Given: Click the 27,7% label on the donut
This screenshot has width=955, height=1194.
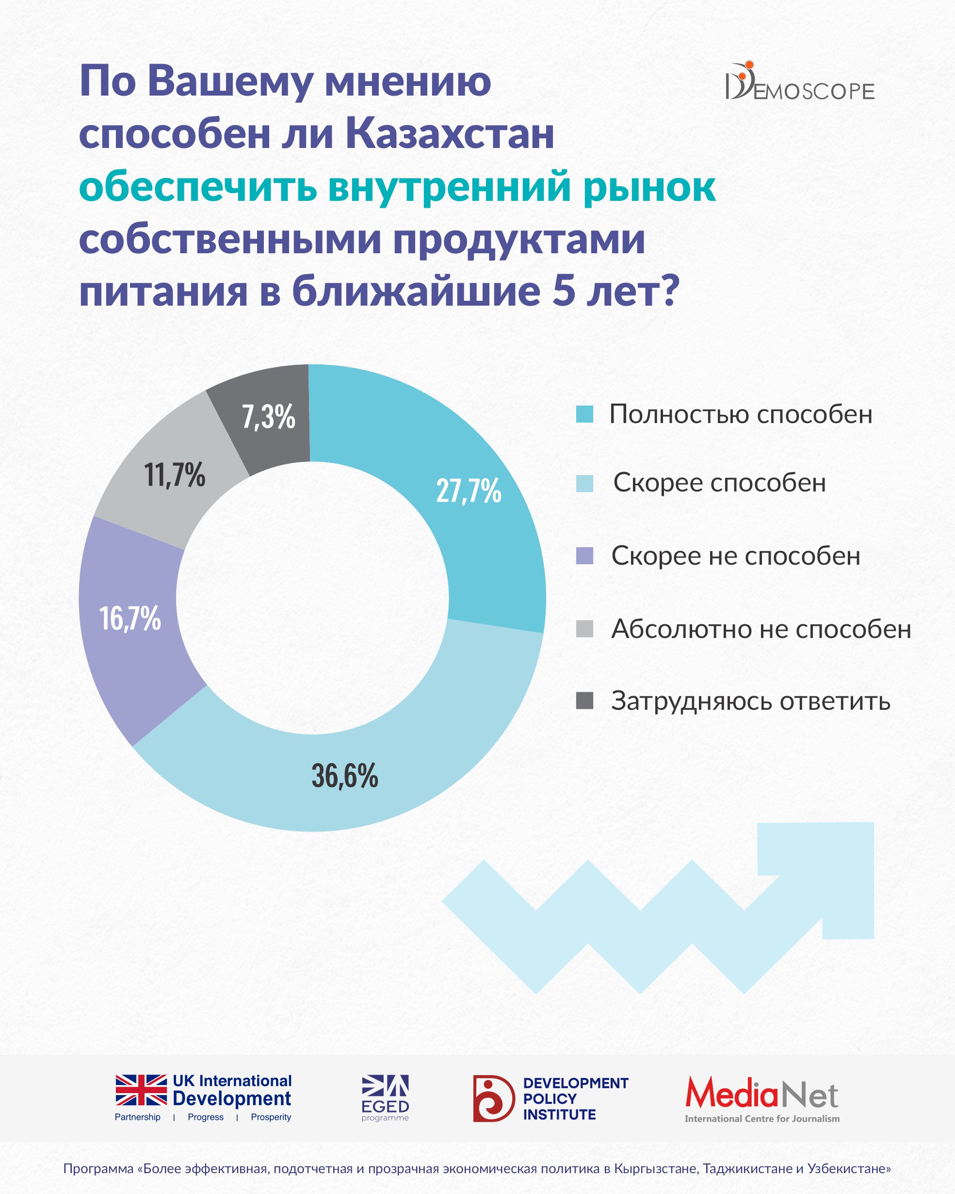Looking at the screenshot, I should pyautogui.click(x=469, y=491).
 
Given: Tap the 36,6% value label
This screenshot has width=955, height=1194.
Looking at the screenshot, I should pyautogui.click(x=344, y=775).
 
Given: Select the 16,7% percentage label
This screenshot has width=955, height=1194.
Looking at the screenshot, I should pyautogui.click(x=130, y=618).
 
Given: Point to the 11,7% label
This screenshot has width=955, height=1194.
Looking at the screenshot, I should pyautogui.click(x=175, y=474).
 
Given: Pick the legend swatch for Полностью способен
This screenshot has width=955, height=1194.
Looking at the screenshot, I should pyautogui.click(x=584, y=414).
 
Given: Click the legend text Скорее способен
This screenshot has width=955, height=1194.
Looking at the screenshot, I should pyautogui.click(x=719, y=483).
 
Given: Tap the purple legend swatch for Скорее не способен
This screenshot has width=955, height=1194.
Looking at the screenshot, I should pyautogui.click(x=584, y=556).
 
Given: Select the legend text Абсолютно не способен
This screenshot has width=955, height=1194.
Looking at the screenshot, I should pyautogui.click(x=761, y=629).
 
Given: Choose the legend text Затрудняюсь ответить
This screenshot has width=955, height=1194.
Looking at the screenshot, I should pyautogui.click(x=750, y=701).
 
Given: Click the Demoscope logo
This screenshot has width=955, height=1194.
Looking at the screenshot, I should pyautogui.click(x=799, y=83).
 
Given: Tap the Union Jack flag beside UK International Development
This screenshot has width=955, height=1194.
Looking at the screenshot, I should pyautogui.click(x=141, y=1090).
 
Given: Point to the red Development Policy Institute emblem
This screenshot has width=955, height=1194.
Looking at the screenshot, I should pyautogui.click(x=493, y=1098).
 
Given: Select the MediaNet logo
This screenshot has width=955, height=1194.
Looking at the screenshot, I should pyautogui.click(x=762, y=1098).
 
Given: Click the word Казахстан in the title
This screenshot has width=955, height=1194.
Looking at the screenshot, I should pyautogui.click(x=450, y=134).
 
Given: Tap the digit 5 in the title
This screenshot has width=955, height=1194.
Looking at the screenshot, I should pyautogui.click(x=563, y=291).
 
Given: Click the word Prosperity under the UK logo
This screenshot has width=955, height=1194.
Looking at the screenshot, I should pyautogui.click(x=271, y=1117).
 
